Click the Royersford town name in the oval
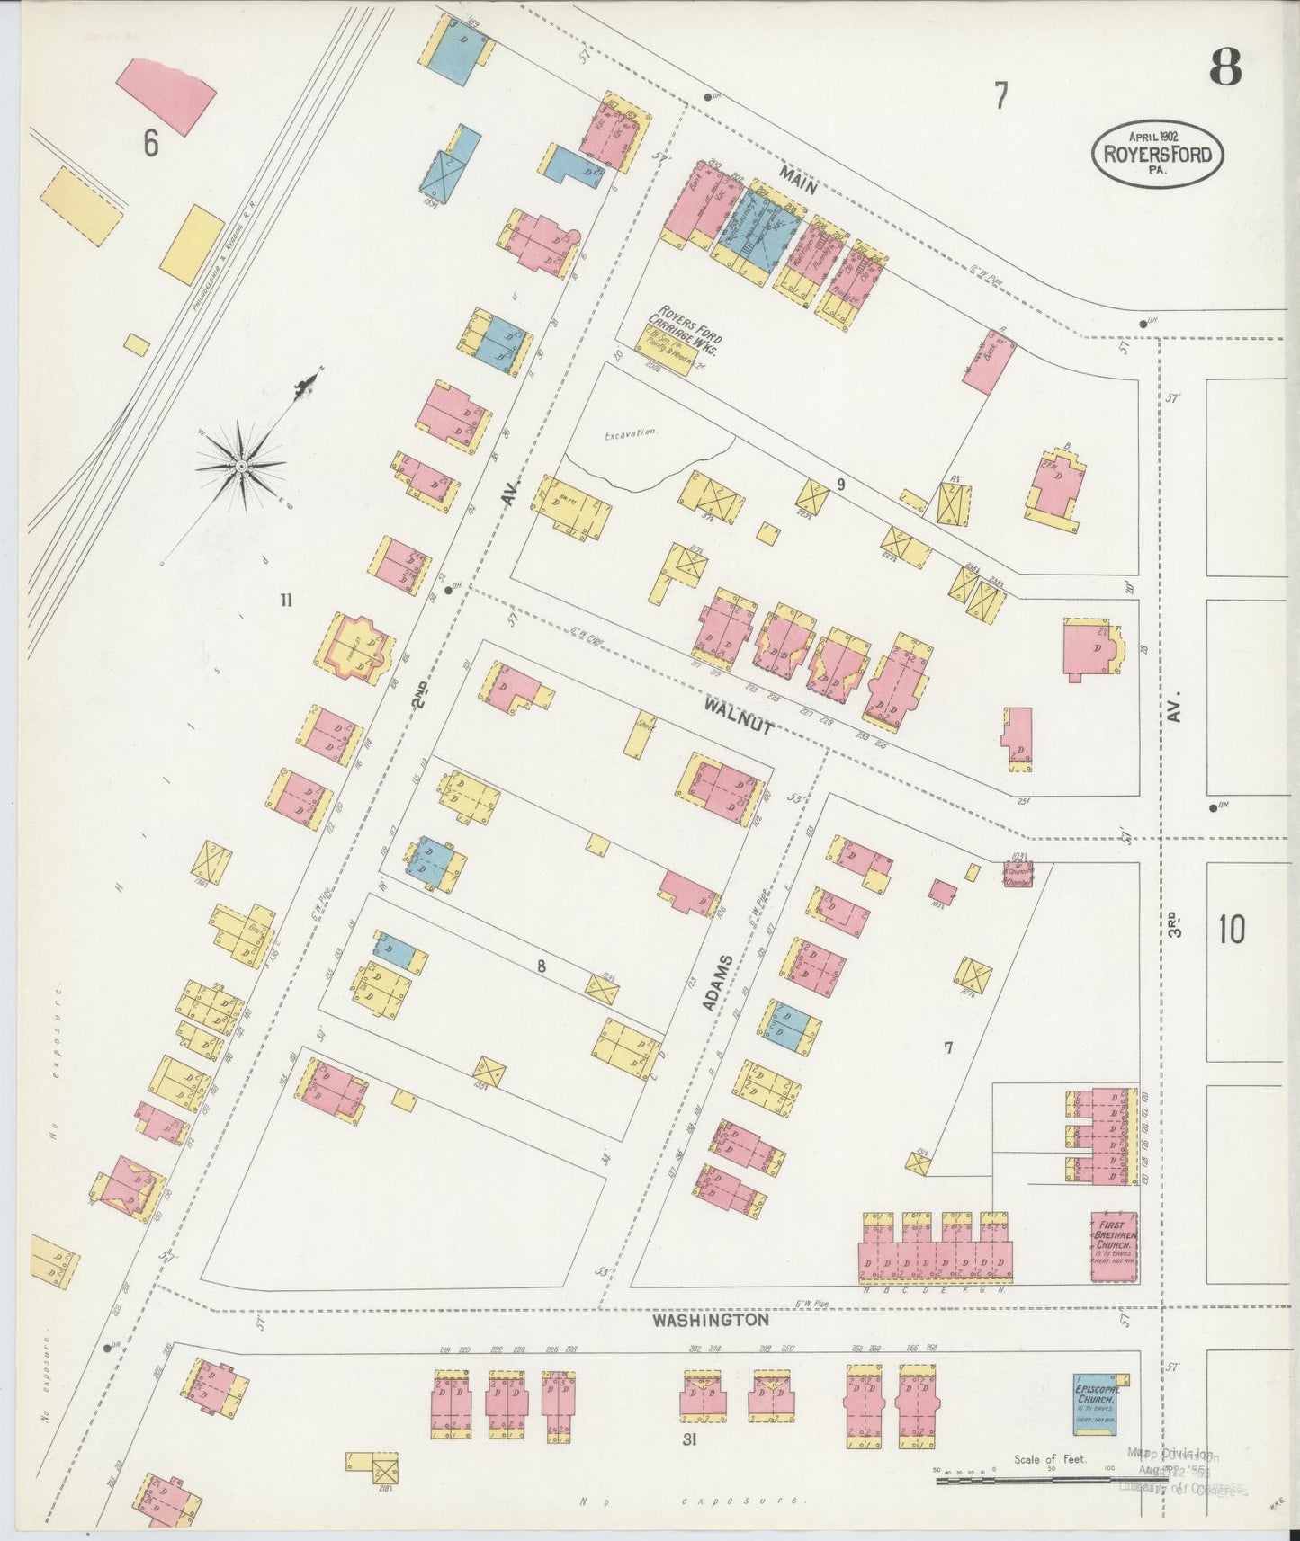(x=1157, y=154)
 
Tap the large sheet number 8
(x=1224, y=67)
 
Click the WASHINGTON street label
(x=711, y=1321)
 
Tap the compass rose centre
(x=241, y=467)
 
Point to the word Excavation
(x=632, y=432)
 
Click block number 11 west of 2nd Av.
(x=286, y=601)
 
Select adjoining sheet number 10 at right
(x=1231, y=929)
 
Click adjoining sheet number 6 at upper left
(x=150, y=142)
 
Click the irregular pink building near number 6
(x=167, y=96)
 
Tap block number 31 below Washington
(x=690, y=1439)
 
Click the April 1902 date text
(x=1155, y=135)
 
